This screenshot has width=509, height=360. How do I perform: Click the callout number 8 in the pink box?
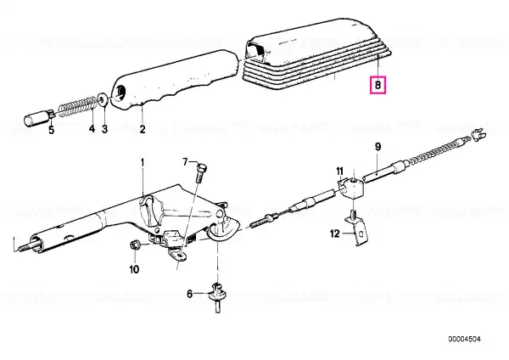coord(378,85)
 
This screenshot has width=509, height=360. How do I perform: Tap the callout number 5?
coord(52,130)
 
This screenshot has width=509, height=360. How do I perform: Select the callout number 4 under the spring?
coord(92,128)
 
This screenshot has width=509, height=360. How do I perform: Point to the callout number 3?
coord(104,129)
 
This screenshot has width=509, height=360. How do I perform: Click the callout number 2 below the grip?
coord(143,129)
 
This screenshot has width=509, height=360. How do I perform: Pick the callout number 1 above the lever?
coord(142,161)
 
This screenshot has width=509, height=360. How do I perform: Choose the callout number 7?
coord(185,161)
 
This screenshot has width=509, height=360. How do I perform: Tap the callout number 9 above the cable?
coord(378,147)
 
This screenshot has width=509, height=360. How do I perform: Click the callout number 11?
coord(339,172)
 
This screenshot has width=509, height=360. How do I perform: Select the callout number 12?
coord(335,233)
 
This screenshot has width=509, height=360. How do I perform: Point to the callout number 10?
coord(134,269)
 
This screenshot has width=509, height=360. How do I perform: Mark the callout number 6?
coord(189,294)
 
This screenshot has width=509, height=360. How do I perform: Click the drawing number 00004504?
coord(465,340)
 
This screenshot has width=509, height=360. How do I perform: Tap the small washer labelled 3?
coord(103,98)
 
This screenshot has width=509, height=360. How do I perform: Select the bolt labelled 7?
coord(200,173)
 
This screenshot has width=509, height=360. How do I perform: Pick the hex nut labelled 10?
coord(134,245)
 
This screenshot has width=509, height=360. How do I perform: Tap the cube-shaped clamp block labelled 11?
coord(352,190)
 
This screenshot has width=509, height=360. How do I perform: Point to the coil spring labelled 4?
coord(78,106)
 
